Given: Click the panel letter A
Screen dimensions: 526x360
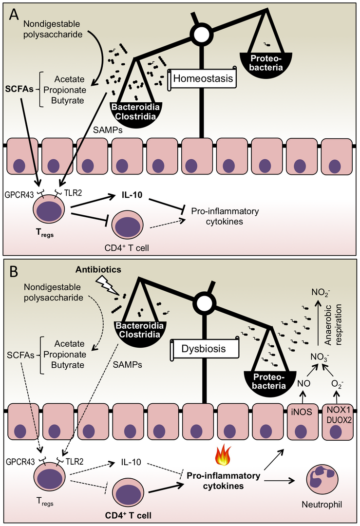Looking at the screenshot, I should coord(15,14).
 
